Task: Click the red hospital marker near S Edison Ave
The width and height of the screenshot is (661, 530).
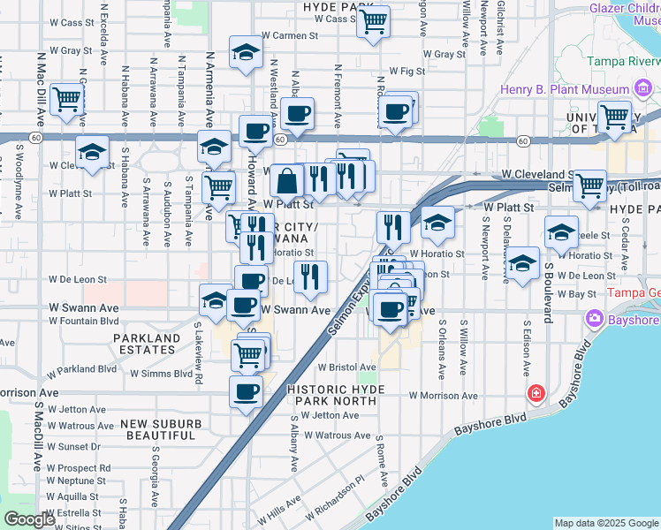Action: (536, 392)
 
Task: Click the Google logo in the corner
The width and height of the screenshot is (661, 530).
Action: (29, 519)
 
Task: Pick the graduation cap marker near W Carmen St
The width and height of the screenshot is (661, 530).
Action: (246, 52)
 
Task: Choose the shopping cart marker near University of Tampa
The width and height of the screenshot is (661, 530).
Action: (614, 116)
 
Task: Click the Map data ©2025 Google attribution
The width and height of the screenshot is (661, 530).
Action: (606, 523)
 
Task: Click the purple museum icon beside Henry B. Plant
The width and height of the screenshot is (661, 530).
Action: (643, 89)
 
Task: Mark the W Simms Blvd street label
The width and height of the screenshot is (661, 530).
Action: (161, 374)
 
